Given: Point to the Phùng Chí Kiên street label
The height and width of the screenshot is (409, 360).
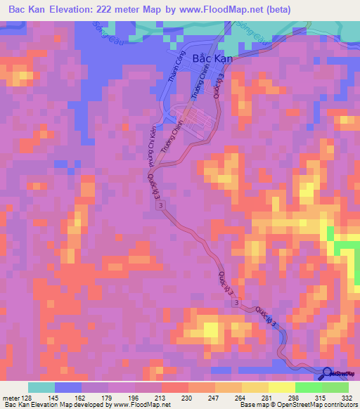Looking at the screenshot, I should coord(150,145).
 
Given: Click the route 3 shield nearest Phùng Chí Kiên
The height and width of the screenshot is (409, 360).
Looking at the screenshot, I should coord(162,204).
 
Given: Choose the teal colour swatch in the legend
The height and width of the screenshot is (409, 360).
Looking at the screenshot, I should coord(41,387).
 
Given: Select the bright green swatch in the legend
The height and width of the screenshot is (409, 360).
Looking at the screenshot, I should coord(309,387).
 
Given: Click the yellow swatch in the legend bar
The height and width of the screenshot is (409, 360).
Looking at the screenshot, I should coord(282,387).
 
